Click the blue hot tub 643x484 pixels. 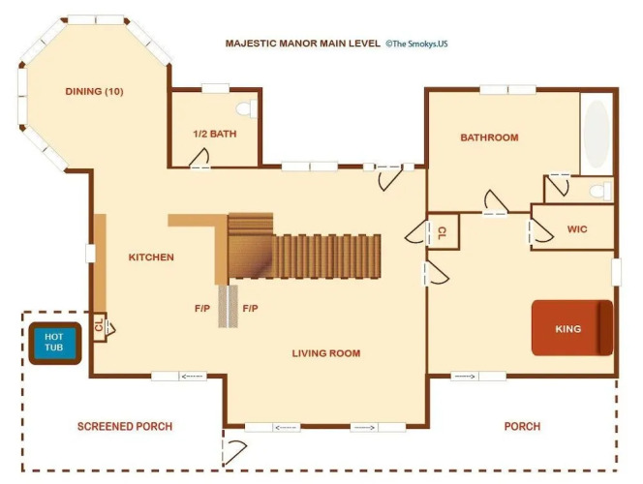tap(54, 343)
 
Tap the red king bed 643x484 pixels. tap(572, 328)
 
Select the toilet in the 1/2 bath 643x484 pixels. tap(247, 109)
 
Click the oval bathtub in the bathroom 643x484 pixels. tap(597, 133)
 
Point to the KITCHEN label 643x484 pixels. tap(151, 257)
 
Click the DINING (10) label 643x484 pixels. tap(94, 91)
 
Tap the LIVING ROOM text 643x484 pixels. tap(326, 353)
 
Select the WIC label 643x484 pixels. tap(577, 229)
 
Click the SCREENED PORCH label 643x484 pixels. tap(125, 426)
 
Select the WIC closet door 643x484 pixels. tap(540, 232)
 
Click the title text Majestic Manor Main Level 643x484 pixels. tap(303, 44)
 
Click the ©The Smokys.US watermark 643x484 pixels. tap(416, 44)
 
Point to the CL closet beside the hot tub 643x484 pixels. tap(100, 326)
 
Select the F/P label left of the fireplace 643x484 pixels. tap(202, 308)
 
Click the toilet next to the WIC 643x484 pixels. tap(600, 191)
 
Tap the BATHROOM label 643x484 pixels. tap(489, 137)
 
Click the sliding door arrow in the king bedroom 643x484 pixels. tap(465, 376)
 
